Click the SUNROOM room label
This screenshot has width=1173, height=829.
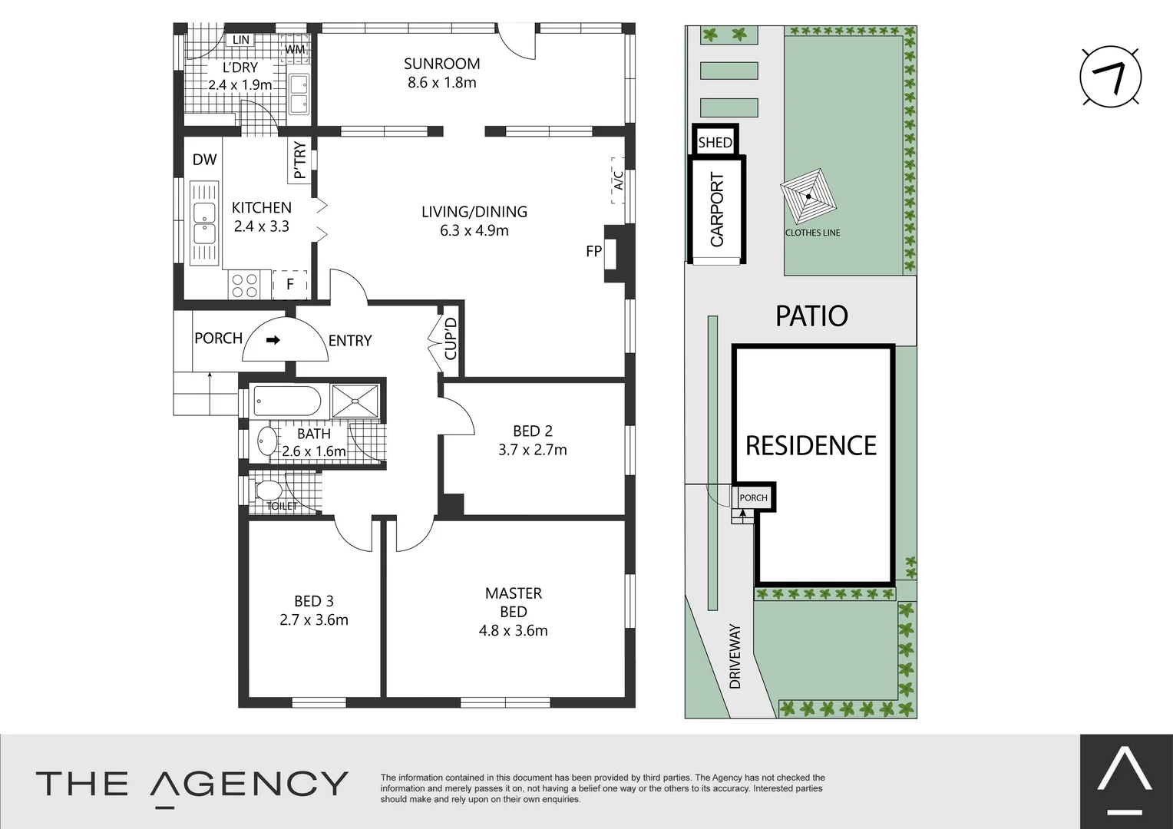point(441,64)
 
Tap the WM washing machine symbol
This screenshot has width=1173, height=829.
point(295,50)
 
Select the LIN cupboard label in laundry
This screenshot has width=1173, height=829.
point(241,40)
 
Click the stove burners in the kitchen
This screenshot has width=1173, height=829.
point(245,286)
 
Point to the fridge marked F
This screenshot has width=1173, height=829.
point(290,284)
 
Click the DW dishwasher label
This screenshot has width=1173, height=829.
point(204,160)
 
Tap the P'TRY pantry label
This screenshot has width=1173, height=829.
point(299,160)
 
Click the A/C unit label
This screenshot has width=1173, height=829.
point(618,180)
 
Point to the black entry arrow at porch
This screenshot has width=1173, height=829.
point(273,340)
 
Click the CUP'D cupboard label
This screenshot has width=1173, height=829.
point(451,339)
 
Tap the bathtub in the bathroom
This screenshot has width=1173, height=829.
point(286,401)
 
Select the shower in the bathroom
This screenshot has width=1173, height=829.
point(355,401)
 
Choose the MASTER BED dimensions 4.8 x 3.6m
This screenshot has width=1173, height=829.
point(513,631)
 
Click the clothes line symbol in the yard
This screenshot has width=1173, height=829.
point(808,197)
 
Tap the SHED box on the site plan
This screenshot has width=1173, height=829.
point(715,142)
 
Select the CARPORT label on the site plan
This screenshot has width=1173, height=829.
point(717,210)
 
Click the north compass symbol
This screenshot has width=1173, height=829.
point(1110,77)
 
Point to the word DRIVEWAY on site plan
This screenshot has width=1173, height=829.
point(735,656)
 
